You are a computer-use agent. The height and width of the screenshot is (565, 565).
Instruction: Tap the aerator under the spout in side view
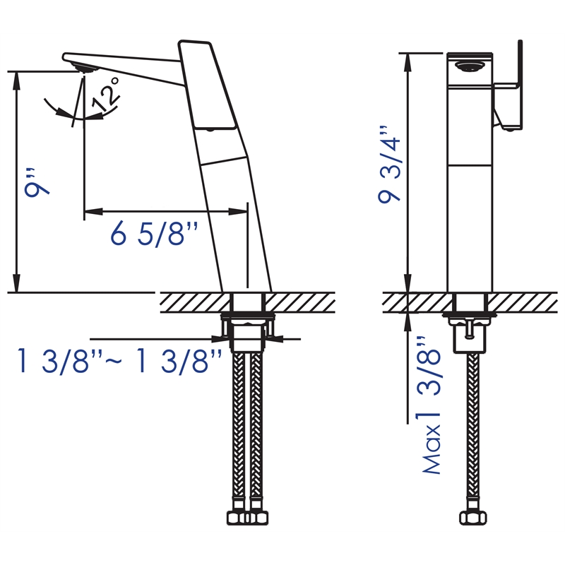85,68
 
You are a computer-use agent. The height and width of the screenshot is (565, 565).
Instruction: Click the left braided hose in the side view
238,424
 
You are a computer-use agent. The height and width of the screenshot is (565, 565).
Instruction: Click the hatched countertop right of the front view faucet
526,301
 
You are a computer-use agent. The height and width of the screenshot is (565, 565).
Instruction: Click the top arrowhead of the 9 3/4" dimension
408,59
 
